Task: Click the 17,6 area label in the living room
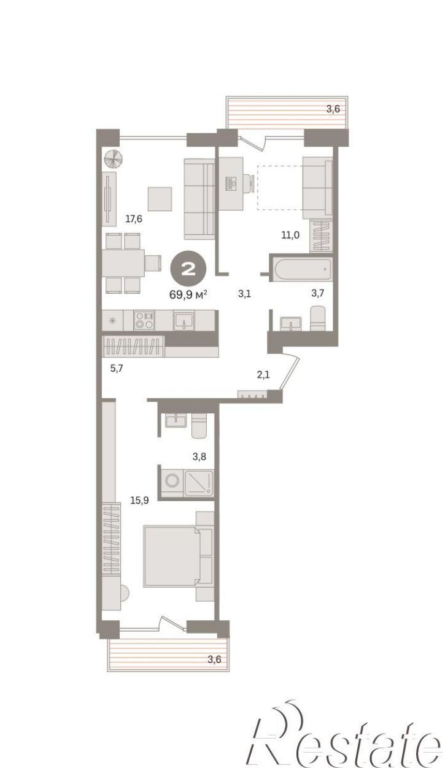[x=134, y=218]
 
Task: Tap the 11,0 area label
[x=290, y=235]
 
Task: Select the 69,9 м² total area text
[x=188, y=294]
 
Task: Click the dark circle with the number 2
[x=188, y=269]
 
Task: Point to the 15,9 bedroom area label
[x=140, y=500]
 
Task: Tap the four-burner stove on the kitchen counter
[x=144, y=320]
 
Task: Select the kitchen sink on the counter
[x=184, y=320]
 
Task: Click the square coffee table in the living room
[x=160, y=199]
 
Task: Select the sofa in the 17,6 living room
[x=199, y=199]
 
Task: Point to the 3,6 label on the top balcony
[x=333, y=109]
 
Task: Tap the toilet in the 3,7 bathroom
[x=318, y=318]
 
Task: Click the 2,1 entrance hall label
[x=263, y=375]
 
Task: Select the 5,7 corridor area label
[x=117, y=369]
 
